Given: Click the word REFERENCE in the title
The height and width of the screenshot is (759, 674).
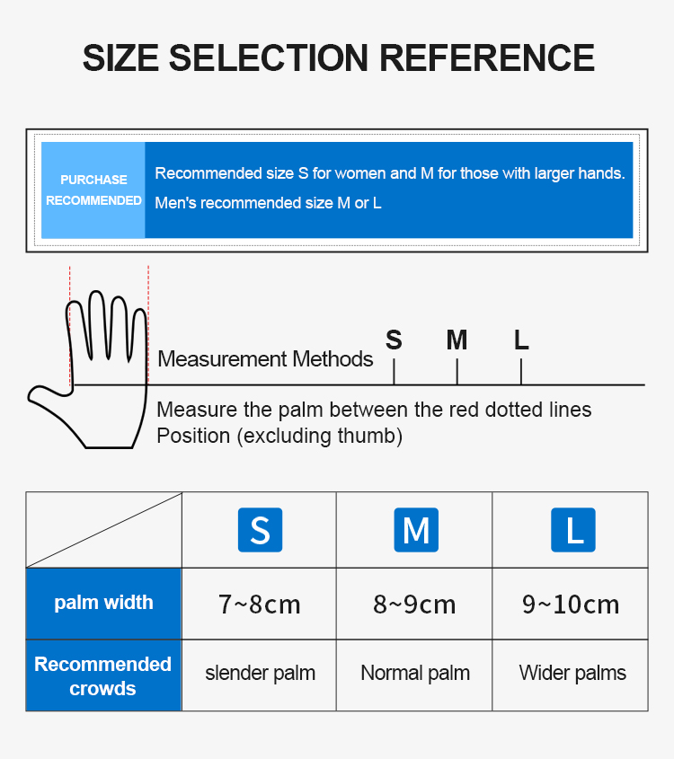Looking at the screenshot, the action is click(x=486, y=58).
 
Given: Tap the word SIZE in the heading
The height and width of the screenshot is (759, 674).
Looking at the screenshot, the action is click(x=120, y=58).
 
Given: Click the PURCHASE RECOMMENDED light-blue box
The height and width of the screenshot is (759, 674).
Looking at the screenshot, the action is click(x=93, y=190).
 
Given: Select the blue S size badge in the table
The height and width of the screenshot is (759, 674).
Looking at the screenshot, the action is click(x=260, y=530).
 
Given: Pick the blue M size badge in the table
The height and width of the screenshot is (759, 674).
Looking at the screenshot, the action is click(x=416, y=530).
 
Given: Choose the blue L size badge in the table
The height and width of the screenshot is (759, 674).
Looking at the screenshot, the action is click(x=573, y=530).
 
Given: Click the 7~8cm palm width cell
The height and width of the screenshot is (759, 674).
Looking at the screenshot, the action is click(x=259, y=605).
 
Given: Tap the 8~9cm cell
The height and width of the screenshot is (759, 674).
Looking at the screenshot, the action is click(x=414, y=605).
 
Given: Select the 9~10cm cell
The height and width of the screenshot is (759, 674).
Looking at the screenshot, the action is click(x=571, y=605).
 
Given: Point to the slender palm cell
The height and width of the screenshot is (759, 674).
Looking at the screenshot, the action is click(x=260, y=674).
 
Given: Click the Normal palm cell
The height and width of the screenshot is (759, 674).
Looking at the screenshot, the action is click(x=415, y=674).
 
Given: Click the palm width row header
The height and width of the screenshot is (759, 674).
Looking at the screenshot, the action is click(x=103, y=603).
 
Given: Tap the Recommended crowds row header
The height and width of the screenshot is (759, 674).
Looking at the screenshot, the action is click(x=103, y=675).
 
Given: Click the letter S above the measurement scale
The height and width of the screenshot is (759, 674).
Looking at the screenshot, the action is click(x=394, y=340).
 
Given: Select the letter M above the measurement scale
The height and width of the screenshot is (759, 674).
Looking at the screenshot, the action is click(x=457, y=340).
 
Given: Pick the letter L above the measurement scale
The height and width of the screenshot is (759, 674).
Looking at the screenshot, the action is click(x=521, y=340).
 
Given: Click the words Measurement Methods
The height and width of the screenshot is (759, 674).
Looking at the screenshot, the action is click(x=265, y=359).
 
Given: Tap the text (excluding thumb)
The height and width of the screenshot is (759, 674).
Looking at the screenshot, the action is click(x=320, y=437).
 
